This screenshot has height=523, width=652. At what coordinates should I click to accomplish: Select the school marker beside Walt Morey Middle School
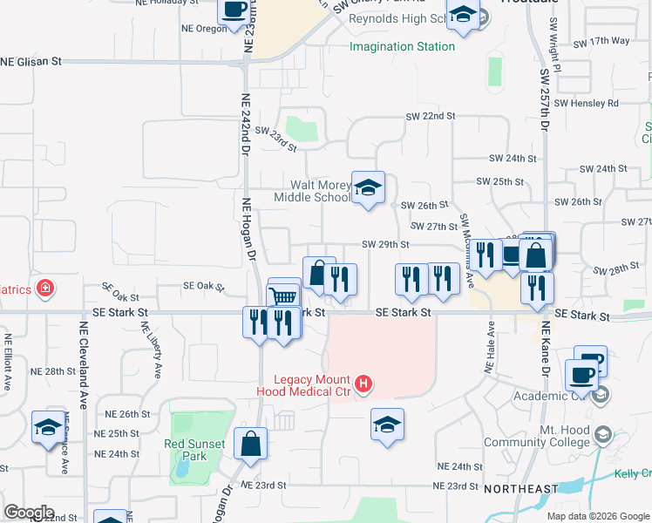coord(368,187)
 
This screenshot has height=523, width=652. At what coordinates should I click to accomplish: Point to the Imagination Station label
coord(402,46)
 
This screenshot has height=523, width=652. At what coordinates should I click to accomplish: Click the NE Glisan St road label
coord(33,62)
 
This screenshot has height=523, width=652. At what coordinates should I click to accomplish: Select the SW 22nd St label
coord(431,116)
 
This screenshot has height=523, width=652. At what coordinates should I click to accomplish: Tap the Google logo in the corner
coord(28,513)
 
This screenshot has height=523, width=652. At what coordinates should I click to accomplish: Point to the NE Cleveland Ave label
coord(85,356)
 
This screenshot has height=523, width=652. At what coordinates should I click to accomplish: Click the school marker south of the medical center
coord(387,425)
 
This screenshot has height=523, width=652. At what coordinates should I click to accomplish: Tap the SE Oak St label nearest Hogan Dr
coord(203,286)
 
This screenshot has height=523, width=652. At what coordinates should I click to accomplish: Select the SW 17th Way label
coord(601,41)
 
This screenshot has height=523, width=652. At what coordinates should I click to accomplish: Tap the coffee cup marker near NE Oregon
coord(234,11)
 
